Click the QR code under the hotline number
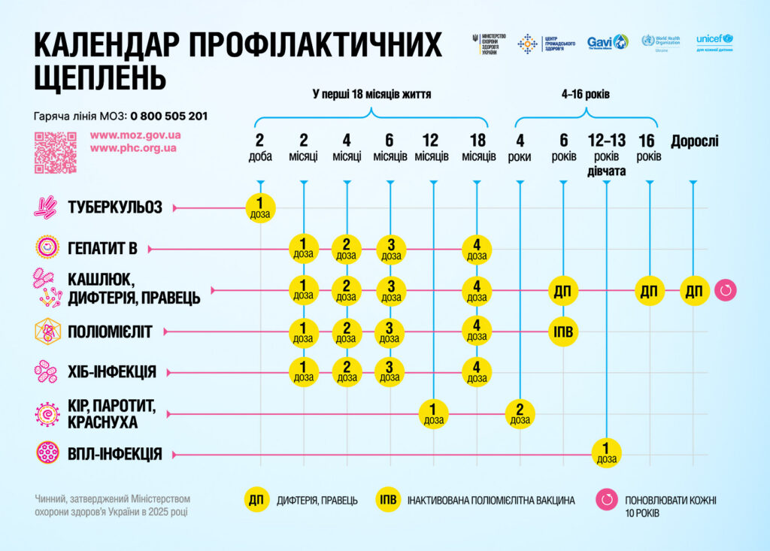[x=56, y=153]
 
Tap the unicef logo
[x=714, y=43]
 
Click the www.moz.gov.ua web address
[x=135, y=135]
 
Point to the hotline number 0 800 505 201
[x=169, y=116]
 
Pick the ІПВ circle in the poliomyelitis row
[x=563, y=332]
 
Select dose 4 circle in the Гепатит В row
[x=477, y=249]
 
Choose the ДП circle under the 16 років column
[x=649, y=290]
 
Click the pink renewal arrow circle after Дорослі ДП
[x=726, y=290]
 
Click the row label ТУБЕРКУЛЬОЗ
[x=114, y=207]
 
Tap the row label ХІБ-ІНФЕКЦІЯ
[x=111, y=372]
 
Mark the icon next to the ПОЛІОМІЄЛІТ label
[x=47, y=332]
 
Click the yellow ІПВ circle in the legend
[x=388, y=500]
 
